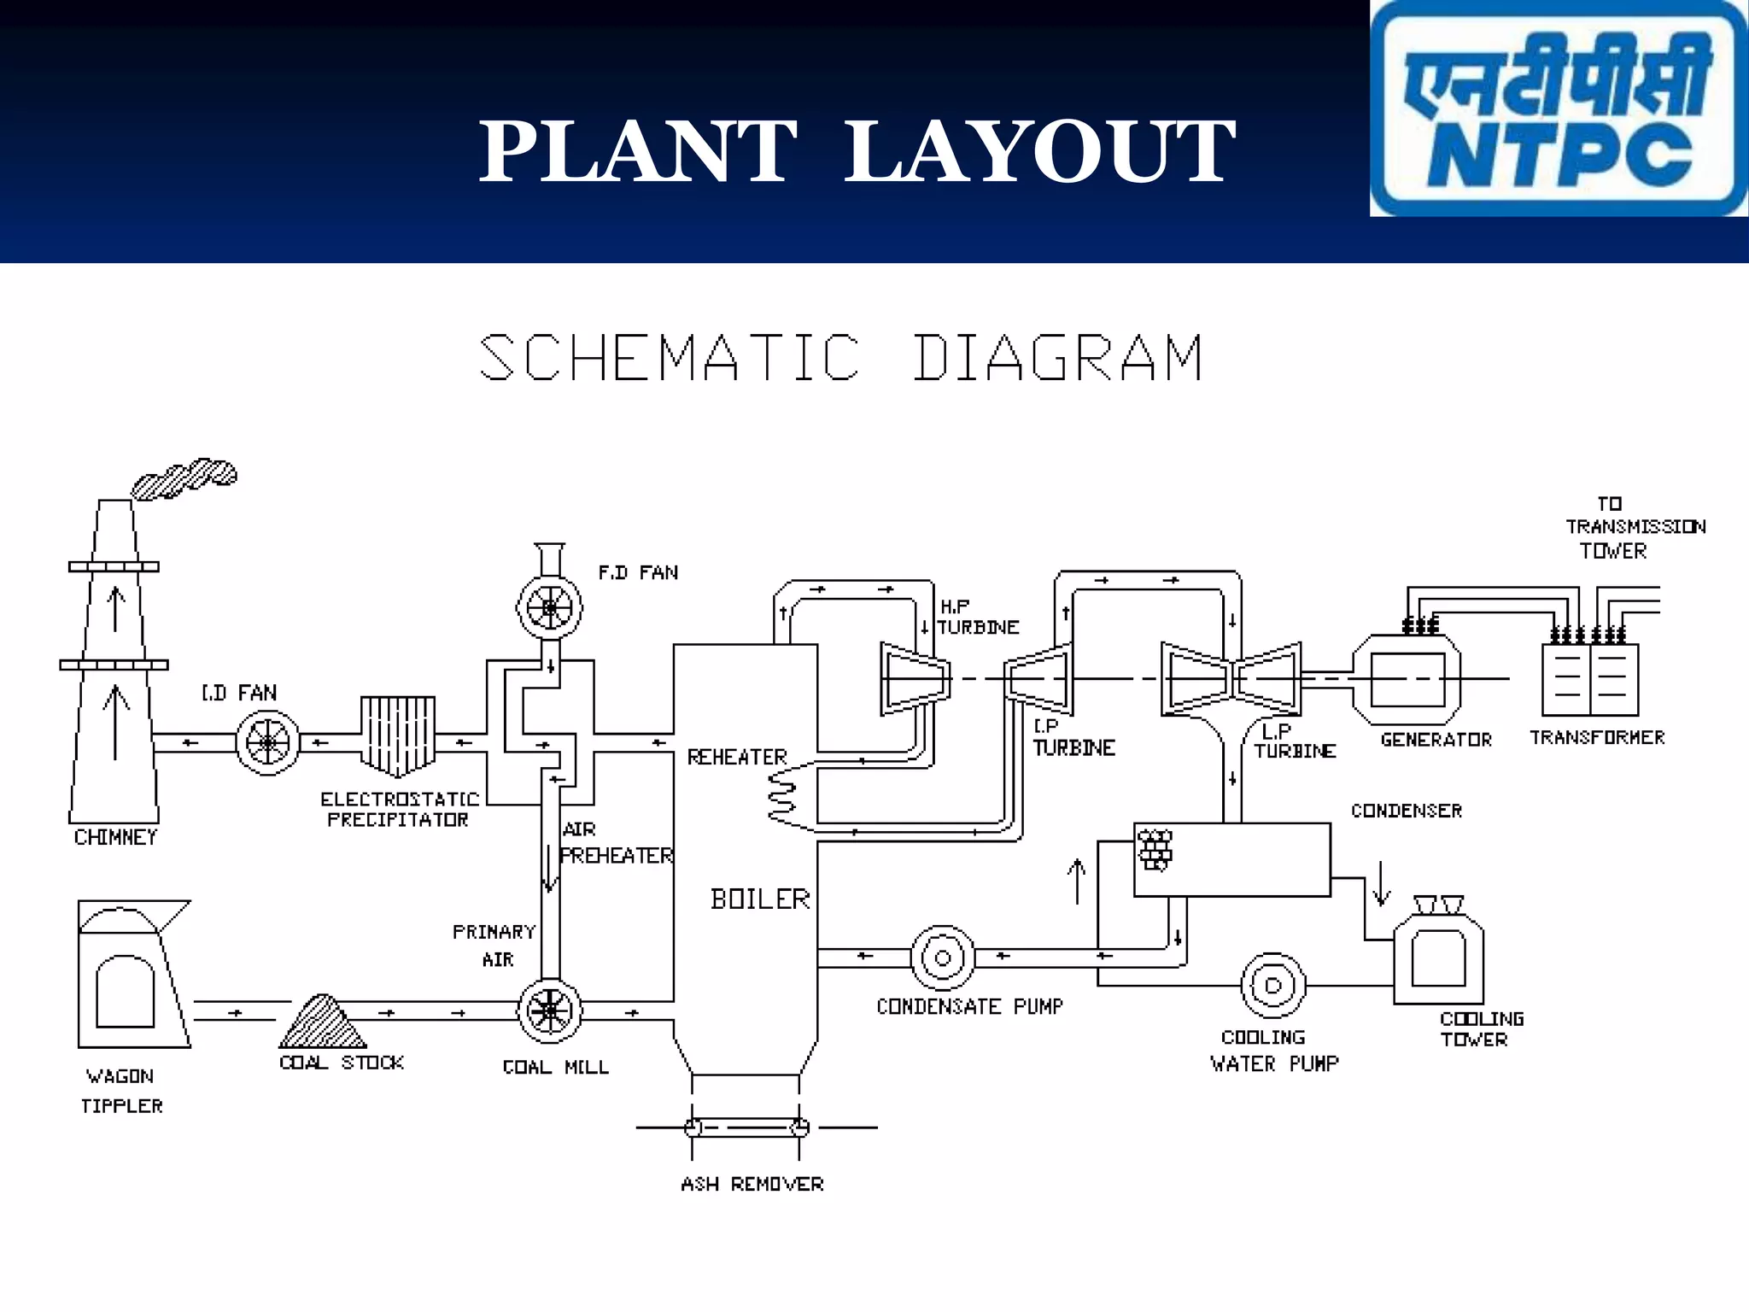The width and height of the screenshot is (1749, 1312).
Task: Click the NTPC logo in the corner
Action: pos(1558,108)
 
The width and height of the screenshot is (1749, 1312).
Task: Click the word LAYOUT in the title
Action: pos(1039,152)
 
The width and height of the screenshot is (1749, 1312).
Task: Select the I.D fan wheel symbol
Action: pos(267,742)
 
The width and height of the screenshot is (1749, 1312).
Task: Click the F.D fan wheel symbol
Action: pos(549,607)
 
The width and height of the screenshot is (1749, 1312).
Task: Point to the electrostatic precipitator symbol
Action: pos(398,734)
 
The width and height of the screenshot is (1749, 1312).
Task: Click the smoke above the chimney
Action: pos(184,477)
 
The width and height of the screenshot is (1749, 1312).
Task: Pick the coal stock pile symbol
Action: pos(322,1022)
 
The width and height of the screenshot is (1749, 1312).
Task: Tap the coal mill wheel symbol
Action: pos(550,1011)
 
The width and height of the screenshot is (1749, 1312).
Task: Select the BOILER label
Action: pos(760,899)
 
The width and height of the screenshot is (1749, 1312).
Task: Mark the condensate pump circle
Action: pos(942,958)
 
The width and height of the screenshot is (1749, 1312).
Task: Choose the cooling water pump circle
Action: pos(1272,985)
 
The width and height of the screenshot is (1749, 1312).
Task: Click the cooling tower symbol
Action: pos(1438,955)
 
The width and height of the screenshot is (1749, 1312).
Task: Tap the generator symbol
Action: pos(1407,679)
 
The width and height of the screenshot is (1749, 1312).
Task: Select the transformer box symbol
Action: pos(1589,680)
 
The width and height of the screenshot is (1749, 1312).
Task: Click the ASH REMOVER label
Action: pos(752,1184)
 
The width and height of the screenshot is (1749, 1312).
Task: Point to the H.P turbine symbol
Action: pos(915,679)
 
